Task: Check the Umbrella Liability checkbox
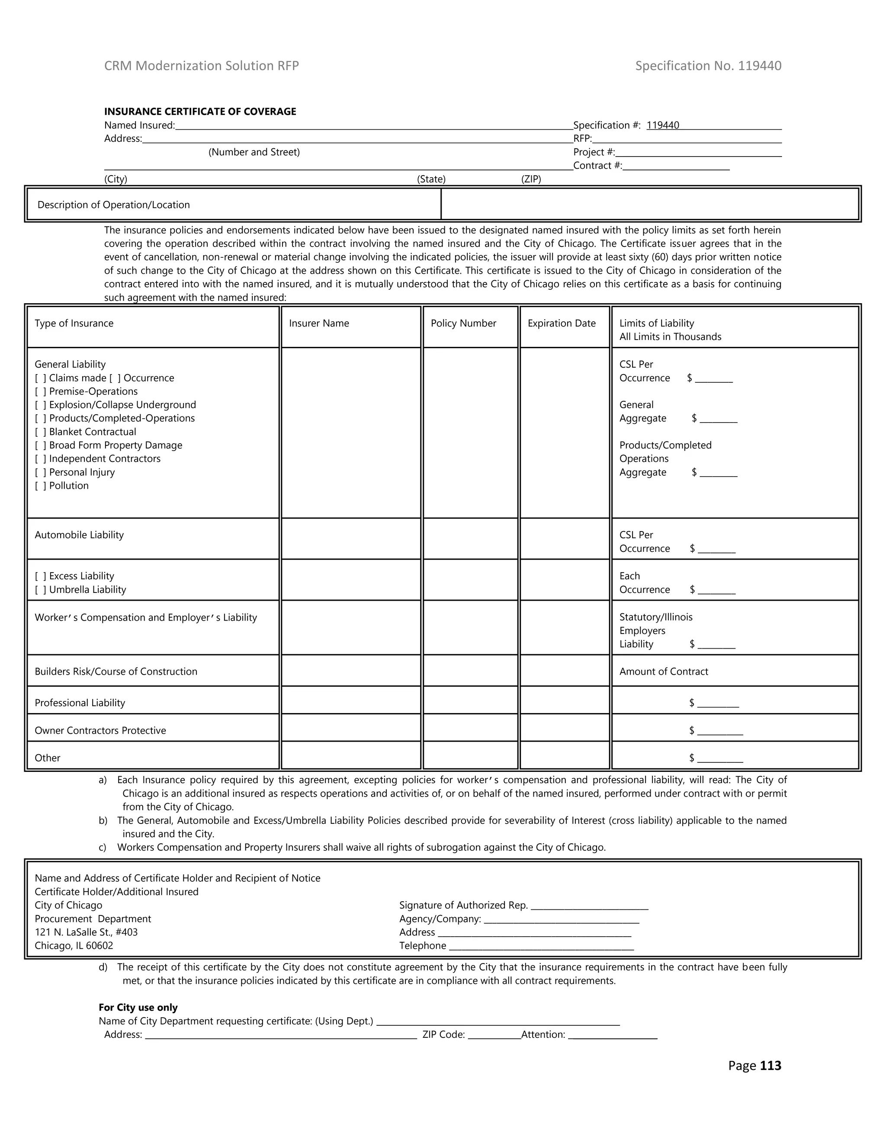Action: tap(40, 590)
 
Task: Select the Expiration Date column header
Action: tap(561, 323)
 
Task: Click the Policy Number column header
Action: tap(463, 323)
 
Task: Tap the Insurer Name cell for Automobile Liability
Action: tap(350, 539)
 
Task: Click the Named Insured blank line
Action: tap(374, 126)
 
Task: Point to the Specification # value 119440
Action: tap(662, 125)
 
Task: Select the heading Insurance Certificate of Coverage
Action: tap(200, 111)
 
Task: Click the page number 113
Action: tap(770, 1066)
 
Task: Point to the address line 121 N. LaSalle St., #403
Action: tap(86, 932)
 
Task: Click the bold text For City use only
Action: tap(138, 1008)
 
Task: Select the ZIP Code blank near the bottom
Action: tap(493, 1035)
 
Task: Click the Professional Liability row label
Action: tap(80, 703)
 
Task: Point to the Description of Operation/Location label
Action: tap(113, 205)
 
